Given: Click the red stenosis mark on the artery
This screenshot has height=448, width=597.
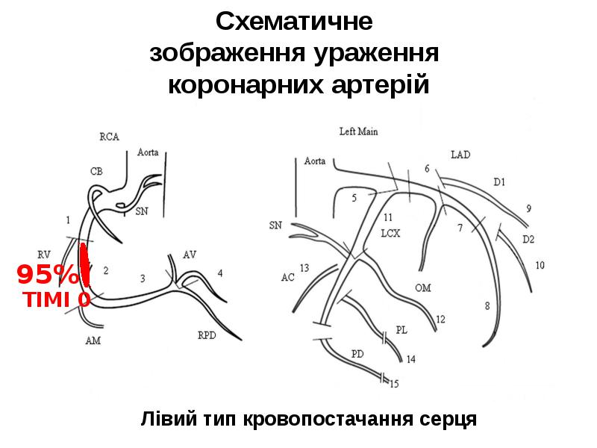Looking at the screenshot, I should (85, 265).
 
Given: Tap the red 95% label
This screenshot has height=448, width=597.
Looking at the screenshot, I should (47, 276).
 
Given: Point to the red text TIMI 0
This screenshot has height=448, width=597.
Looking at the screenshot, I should (57, 299).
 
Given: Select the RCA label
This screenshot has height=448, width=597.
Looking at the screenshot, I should (109, 137).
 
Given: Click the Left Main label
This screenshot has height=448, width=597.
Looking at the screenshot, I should (358, 131).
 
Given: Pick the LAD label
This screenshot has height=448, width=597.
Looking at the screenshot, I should (460, 155).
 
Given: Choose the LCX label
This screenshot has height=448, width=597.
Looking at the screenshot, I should (390, 232).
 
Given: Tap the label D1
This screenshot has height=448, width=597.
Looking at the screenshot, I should (499, 181).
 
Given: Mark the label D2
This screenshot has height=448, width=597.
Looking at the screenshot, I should (528, 239).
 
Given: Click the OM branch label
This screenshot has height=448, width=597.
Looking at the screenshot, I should (422, 287).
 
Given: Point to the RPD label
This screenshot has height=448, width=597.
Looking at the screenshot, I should (207, 335).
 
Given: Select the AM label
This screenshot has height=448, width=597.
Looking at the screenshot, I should (93, 340).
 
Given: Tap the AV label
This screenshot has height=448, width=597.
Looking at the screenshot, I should (190, 255).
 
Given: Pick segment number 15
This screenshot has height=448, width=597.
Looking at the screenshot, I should (394, 384).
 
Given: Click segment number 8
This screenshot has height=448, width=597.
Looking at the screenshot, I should (487, 305).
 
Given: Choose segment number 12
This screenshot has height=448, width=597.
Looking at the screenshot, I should (440, 319).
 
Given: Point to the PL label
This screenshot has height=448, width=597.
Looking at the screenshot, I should (401, 329).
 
